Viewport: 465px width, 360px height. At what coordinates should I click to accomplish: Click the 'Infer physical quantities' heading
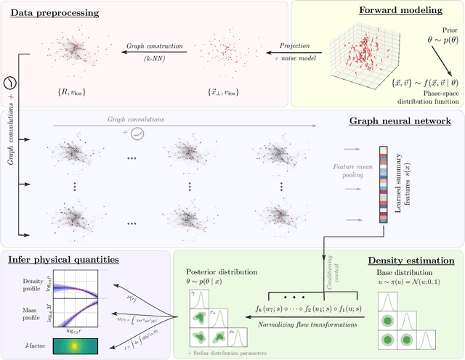coord(64,258)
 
